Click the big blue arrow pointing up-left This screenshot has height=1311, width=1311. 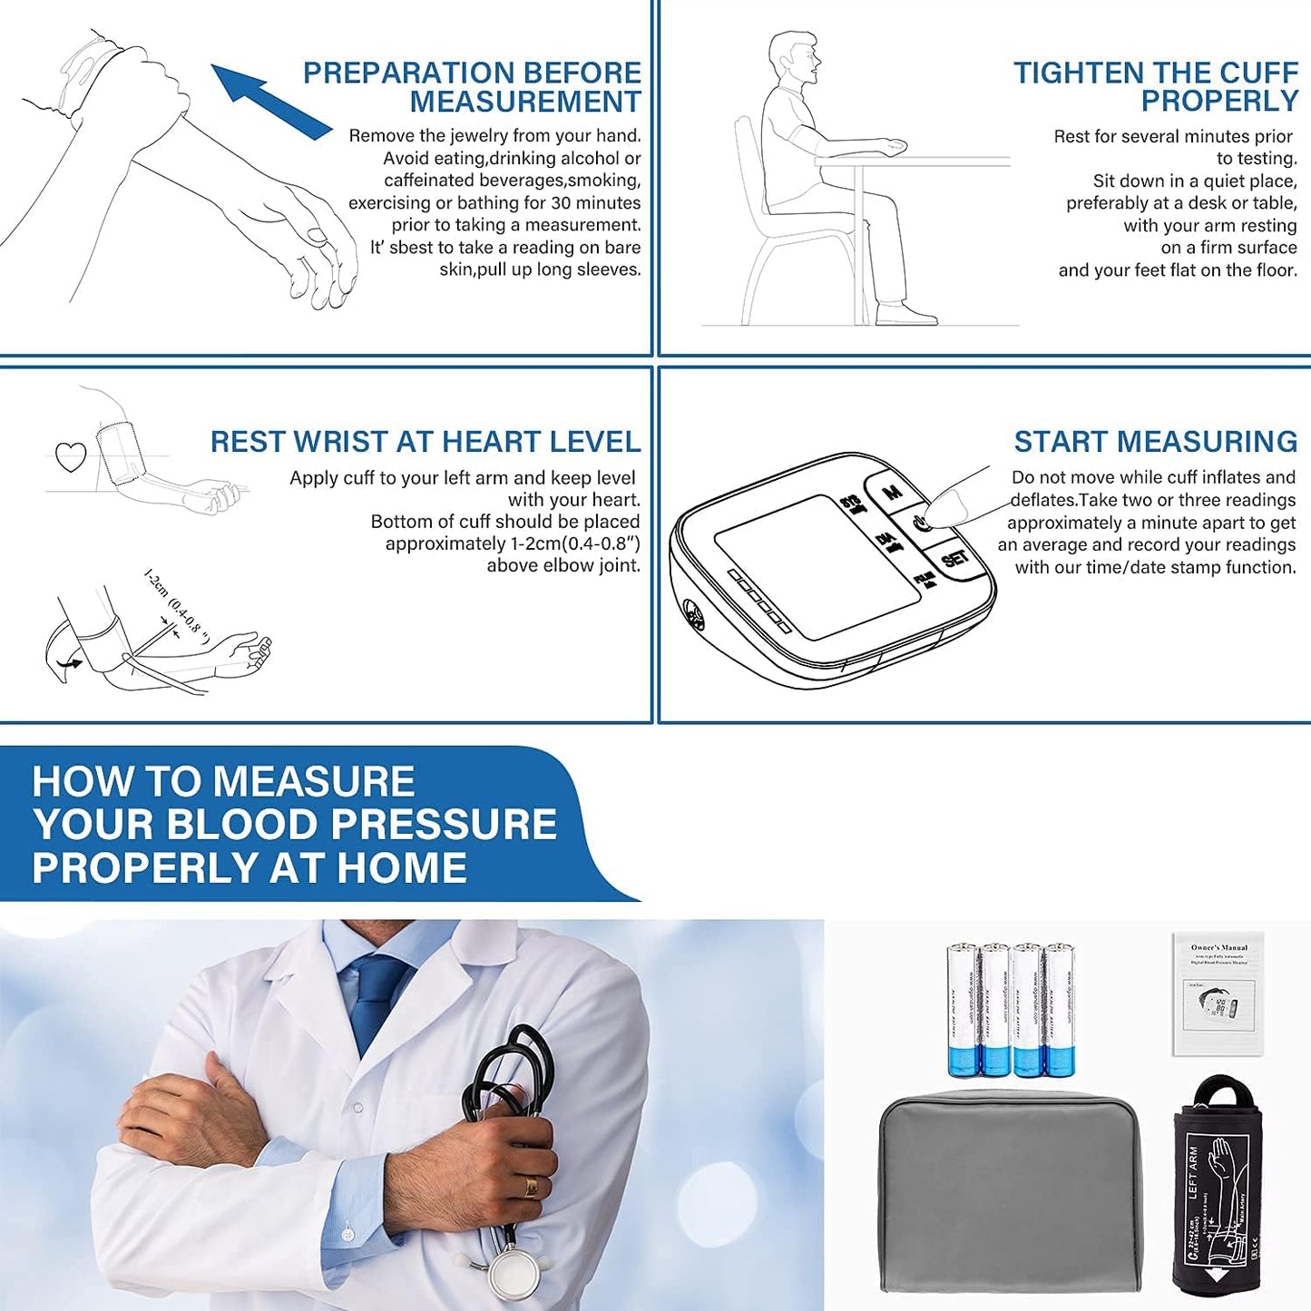(269, 99)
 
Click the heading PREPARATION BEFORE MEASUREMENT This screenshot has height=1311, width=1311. (472, 87)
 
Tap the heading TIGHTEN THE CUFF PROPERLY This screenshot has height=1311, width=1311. (1156, 87)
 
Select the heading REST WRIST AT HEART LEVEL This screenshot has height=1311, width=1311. (425, 442)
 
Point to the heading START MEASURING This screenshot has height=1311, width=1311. (1155, 442)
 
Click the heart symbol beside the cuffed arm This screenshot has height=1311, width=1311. (71, 456)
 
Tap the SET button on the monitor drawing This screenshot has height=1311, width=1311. (954, 559)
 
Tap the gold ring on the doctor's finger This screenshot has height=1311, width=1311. (531, 1187)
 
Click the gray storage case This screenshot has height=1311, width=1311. (1010, 1193)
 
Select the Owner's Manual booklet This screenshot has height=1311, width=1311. (1218, 993)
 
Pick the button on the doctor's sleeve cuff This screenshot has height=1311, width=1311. (347, 1234)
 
